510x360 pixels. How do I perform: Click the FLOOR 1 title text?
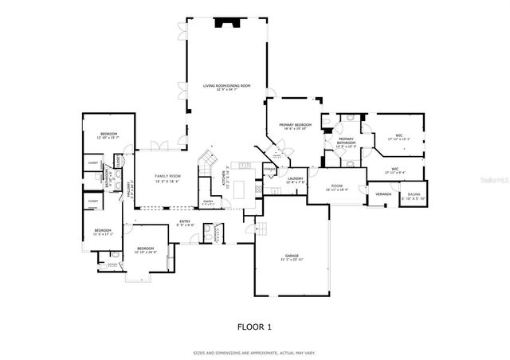pyautogui.click(x=254, y=327)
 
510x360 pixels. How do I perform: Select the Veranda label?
pyautogui.click(x=383, y=194)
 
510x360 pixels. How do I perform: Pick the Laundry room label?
pyautogui.click(x=296, y=179)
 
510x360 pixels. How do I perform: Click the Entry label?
pyautogui.click(x=184, y=223)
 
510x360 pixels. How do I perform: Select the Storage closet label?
pyautogui.click(x=270, y=169)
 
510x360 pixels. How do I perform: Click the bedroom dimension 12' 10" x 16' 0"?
pyautogui.click(x=145, y=252)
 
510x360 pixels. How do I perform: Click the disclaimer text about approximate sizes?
pyautogui.click(x=254, y=352)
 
